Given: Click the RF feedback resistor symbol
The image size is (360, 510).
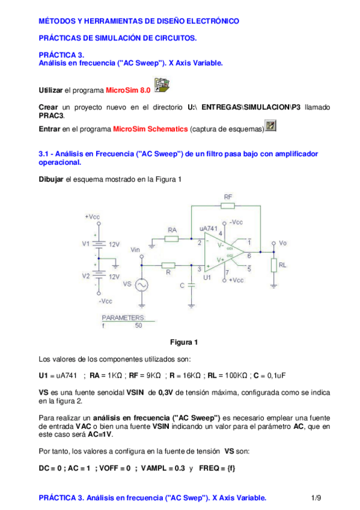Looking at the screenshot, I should point(227,206).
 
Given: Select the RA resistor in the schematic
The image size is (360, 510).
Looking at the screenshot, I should point(171,239).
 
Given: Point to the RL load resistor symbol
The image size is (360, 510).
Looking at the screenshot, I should point(274,265).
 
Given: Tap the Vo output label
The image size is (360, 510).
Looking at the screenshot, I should point(283,242).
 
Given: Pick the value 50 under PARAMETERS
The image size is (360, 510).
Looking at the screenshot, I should point(139,325).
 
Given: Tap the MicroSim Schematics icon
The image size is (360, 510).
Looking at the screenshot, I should point(271,126).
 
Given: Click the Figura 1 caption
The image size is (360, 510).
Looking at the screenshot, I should point(183,343).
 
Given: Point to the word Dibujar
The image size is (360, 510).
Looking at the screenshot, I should point(51,180).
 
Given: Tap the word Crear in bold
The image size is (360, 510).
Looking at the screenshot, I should point(49,106).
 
